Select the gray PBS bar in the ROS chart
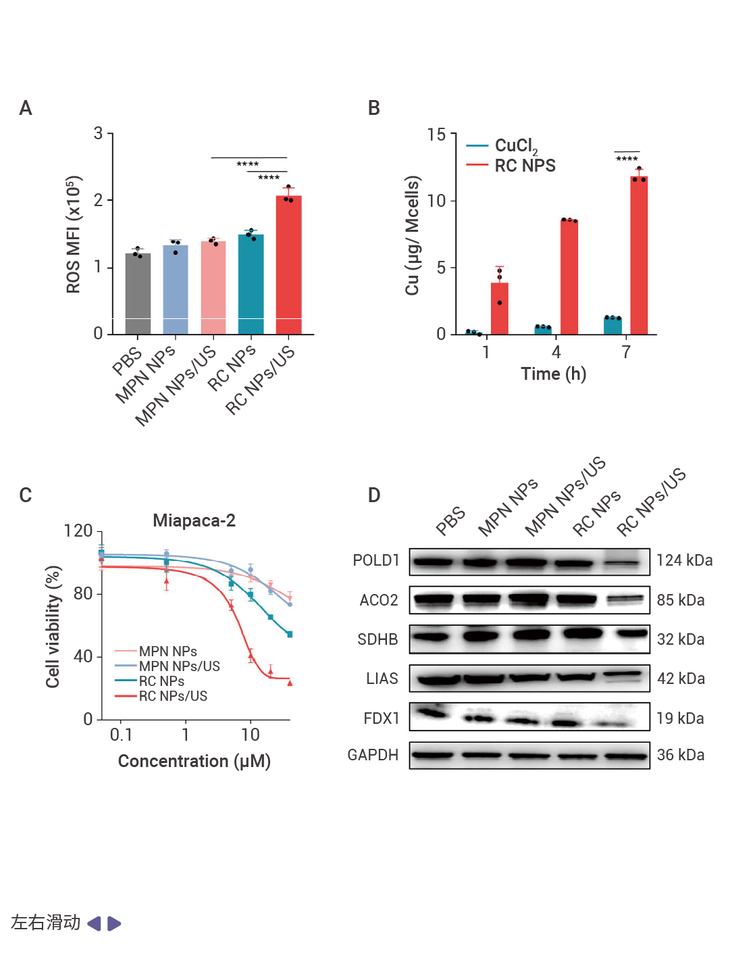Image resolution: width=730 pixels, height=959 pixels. (x=138, y=294)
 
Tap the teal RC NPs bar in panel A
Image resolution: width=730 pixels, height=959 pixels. (x=251, y=285)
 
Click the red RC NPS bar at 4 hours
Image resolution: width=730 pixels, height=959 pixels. (x=569, y=277)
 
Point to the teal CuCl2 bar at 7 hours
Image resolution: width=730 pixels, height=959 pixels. (x=612, y=326)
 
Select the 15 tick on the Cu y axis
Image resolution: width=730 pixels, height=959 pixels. (x=436, y=135)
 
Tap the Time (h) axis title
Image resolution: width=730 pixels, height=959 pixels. (x=553, y=374)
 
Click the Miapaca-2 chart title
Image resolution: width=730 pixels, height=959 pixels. (x=194, y=520)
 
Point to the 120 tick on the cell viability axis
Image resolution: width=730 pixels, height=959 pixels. (x=78, y=531)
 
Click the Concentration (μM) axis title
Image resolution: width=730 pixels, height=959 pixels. (x=194, y=761)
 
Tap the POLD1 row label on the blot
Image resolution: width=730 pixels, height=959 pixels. (x=376, y=560)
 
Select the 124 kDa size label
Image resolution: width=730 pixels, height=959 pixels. (x=684, y=560)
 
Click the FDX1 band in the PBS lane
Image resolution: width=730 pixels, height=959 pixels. (x=433, y=712)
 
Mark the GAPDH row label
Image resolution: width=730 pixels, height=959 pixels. (x=373, y=755)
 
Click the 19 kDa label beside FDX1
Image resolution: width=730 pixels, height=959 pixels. (x=680, y=718)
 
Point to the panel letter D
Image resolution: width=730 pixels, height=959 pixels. (x=374, y=495)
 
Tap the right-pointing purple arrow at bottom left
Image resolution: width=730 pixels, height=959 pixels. (x=114, y=923)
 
